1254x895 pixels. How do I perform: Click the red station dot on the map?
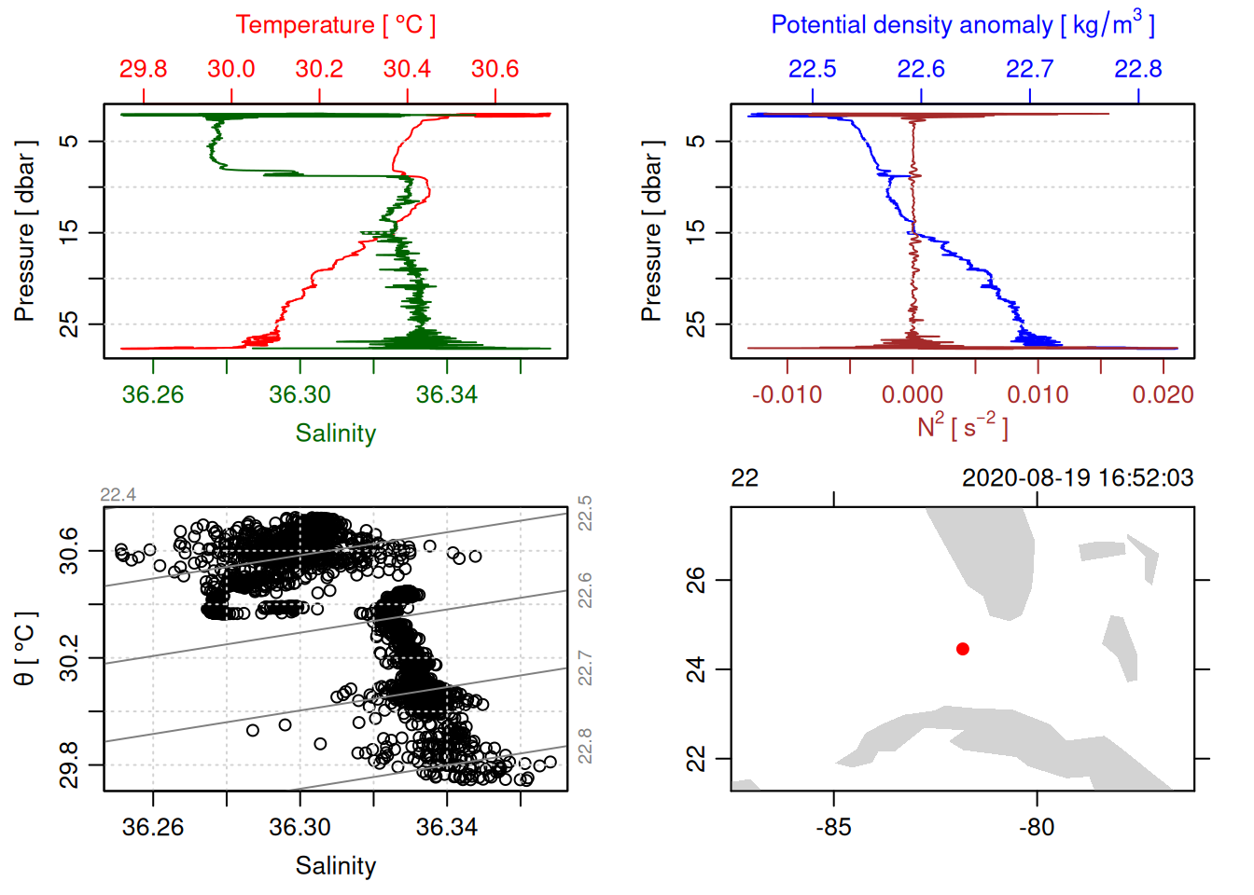click(962, 649)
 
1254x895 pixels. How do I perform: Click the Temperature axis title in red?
click(335, 25)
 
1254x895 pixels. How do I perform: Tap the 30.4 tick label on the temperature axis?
click(407, 69)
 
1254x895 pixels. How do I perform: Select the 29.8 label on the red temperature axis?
click(143, 69)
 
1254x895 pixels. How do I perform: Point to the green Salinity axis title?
click(335, 434)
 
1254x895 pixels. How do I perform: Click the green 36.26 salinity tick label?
click(153, 395)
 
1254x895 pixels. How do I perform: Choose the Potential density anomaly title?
click(962, 25)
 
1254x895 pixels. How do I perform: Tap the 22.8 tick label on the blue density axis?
click(1137, 69)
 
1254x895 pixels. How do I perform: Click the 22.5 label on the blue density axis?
click(812, 69)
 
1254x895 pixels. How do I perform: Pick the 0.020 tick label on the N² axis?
click(1163, 395)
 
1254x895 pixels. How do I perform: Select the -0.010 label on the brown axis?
click(787, 395)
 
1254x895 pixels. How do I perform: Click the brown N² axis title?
click(962, 427)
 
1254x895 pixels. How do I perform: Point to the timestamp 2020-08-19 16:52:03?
click(1078, 478)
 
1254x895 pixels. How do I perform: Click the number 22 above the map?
click(745, 478)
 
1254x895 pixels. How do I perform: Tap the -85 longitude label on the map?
click(833, 827)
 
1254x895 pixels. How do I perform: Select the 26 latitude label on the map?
click(696, 580)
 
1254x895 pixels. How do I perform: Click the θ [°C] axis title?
click(25, 649)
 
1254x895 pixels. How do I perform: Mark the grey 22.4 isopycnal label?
click(118, 495)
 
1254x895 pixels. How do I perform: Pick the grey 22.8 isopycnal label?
click(585, 746)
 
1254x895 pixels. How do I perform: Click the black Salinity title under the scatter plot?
click(335, 866)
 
